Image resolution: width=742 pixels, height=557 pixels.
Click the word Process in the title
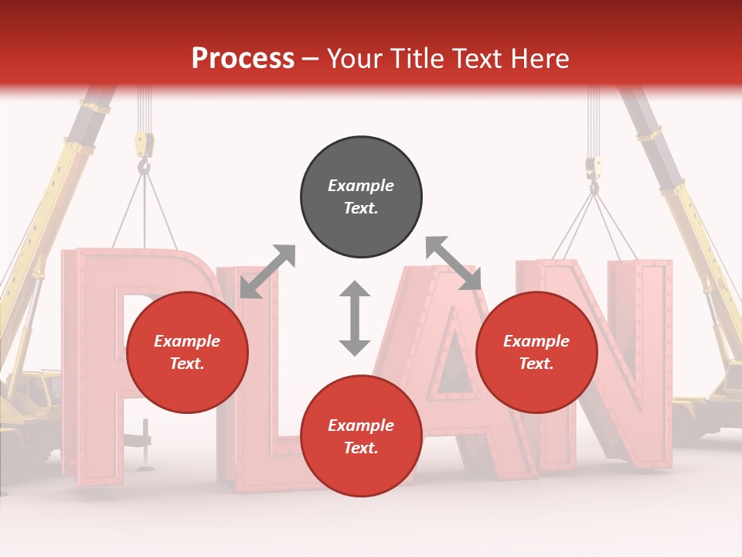click(243, 59)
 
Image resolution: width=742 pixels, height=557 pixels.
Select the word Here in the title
click(539, 59)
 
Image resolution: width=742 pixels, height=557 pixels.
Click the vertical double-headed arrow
click(355, 318)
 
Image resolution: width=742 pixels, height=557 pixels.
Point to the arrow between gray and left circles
click(267, 272)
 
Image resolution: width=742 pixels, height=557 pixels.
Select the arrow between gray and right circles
click(454, 264)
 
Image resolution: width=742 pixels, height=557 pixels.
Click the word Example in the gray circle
click(361, 186)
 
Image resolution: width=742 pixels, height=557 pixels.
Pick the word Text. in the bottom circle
click(361, 448)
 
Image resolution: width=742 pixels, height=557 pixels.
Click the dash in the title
click(311, 59)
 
